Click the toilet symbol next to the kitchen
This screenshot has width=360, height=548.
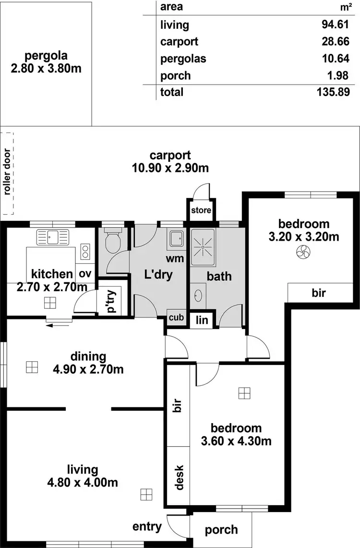tap(113, 243)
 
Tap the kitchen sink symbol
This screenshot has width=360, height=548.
tap(52, 237)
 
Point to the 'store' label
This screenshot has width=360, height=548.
tap(201, 210)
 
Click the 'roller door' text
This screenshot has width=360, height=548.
tap(7, 173)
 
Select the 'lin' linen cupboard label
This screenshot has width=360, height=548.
tap(202, 320)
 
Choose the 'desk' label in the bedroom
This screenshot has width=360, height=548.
tap(179, 477)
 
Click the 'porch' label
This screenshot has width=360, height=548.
tap(221, 530)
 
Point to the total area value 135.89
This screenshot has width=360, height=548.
tap(333, 92)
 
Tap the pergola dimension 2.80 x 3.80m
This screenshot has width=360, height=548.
tap(46, 68)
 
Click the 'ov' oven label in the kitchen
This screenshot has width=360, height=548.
tap(85, 274)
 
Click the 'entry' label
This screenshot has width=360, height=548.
tap(147, 526)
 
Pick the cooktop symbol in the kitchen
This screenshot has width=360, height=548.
tap(85, 251)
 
